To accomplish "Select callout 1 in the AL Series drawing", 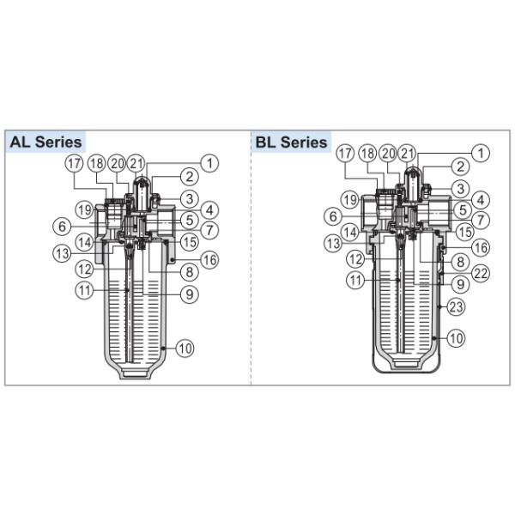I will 209,161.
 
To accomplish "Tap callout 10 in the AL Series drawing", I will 185,348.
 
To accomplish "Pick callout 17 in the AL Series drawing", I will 76,163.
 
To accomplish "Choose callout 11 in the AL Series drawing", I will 82,291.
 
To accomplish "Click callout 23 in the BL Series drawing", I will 456,306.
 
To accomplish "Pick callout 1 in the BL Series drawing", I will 481,153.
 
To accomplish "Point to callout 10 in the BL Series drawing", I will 456,339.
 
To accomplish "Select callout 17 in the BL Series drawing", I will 345,153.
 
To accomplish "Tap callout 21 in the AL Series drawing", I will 136,163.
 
